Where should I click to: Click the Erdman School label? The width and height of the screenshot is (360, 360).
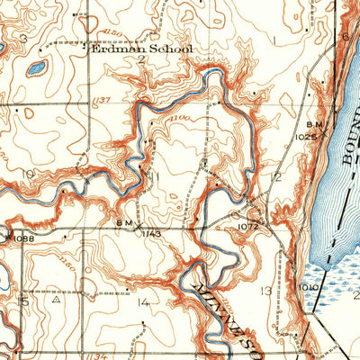(x=142, y=50)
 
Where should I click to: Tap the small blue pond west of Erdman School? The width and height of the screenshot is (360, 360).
(x=37, y=67)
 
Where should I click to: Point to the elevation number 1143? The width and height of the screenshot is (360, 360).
(x=151, y=233)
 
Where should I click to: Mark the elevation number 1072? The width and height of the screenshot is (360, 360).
(x=248, y=228)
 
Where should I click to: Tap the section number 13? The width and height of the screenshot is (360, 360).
(x=265, y=291)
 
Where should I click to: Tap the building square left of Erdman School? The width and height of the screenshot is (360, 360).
(x=86, y=41)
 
